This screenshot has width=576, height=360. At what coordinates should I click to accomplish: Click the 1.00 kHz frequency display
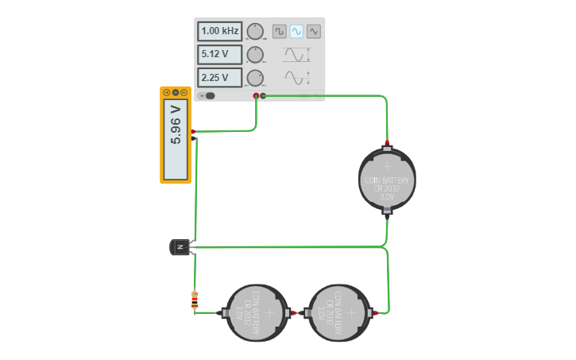(220, 31)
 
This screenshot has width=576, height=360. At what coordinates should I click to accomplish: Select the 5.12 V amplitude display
(220, 55)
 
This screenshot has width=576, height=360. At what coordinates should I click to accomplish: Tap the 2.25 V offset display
(220, 78)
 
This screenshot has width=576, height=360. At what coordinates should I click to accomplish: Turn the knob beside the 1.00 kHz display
(255, 32)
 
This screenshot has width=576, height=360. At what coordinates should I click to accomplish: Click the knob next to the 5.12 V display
(255, 55)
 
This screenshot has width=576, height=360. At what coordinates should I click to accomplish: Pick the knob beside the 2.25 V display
(255, 78)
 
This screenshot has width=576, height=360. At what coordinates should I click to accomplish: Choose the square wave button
(280, 31)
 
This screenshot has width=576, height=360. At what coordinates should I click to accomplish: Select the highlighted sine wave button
(296, 31)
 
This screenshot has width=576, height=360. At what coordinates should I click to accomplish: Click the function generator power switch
(209, 96)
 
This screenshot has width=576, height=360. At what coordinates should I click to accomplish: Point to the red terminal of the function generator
(256, 96)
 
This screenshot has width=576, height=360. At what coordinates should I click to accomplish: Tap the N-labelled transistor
(180, 248)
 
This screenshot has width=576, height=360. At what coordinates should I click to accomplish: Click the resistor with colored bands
(195, 300)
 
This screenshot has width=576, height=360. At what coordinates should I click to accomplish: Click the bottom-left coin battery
(257, 313)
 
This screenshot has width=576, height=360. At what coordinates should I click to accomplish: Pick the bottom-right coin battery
(339, 313)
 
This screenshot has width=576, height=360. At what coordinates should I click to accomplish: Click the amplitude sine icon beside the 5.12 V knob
(295, 55)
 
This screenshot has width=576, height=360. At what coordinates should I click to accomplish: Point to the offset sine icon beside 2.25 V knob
(295, 78)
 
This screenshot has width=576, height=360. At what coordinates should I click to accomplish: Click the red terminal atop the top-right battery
(387, 145)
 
